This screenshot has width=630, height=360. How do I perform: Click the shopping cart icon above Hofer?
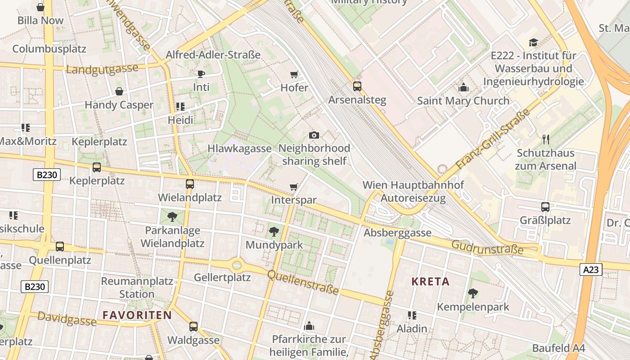point(294,74)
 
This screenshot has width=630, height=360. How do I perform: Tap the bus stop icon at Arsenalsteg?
point(357,86)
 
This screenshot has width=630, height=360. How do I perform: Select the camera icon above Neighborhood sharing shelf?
point(314,135)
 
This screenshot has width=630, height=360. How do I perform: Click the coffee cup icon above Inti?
point(201,74)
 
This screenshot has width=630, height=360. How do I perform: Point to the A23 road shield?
point(590,270)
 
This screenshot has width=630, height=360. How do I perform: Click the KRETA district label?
point(430,282)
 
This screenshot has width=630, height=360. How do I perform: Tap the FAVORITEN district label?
point(137,315)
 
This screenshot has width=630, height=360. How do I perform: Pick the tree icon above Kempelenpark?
point(472,293)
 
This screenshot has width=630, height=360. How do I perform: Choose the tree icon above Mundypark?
point(274,232)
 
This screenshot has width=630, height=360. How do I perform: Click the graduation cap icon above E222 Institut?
point(533,42)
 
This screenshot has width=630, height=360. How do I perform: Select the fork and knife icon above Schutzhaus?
point(546,139)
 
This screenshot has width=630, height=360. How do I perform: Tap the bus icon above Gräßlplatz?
point(545,207)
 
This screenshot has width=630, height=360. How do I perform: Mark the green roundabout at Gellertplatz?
point(237,265)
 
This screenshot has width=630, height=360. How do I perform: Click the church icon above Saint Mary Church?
point(463,87)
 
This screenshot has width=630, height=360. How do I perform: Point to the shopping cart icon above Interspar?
point(294,187)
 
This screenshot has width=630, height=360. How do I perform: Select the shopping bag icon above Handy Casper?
point(119,91)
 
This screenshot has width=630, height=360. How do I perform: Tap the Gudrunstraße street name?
point(487,247)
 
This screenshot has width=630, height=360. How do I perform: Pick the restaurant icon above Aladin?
point(412,315)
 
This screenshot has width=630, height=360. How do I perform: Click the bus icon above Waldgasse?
point(193,327)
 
